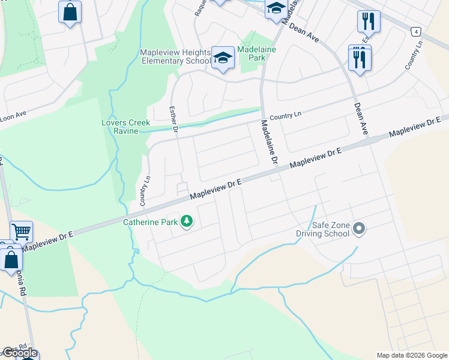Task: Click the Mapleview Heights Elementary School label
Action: coord(174,56)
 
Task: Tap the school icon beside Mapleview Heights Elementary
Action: coord(223,58)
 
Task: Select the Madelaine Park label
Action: coord(256,53)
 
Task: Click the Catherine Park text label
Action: coord(150,222)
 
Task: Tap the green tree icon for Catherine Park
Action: coord(187,222)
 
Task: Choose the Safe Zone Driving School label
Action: coord(322,229)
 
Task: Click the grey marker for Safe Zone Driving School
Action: coord(359,228)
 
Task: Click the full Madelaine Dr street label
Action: coord(268,143)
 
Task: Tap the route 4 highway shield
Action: coord(415,30)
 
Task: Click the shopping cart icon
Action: coord(21,230)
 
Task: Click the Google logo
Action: coord(20,353)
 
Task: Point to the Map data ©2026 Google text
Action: coord(411,355)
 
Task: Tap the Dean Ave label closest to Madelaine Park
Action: coord(304,32)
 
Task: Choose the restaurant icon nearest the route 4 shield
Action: coord(367,22)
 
